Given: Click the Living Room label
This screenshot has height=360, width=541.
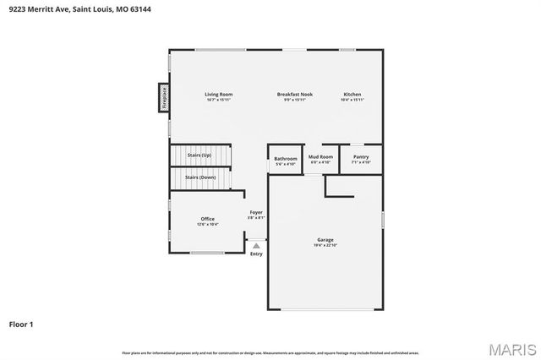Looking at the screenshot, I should point(218,94).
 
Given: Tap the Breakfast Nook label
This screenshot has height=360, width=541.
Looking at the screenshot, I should point(295,94).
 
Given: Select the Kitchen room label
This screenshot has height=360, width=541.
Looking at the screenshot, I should point(352,94).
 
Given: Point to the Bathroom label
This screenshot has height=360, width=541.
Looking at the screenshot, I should point(285,158).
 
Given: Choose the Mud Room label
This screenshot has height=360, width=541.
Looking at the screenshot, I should point(320,156).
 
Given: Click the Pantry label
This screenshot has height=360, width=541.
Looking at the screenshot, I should point(361,156).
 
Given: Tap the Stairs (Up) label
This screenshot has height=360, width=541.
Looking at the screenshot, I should point(199,155).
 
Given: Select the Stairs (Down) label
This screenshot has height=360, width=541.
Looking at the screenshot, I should point(200,177).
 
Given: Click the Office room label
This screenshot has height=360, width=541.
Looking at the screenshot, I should point(207,219).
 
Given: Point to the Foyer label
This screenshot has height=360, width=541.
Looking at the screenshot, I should point(255,212).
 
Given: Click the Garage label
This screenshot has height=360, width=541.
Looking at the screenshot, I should point(325,240).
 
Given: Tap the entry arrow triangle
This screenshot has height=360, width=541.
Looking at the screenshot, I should point(256,245).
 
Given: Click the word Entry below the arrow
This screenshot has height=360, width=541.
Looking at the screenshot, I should point(256,254).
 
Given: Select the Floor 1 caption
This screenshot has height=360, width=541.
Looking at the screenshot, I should point(21,324).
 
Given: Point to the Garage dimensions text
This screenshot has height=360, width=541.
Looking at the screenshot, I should point(325,245).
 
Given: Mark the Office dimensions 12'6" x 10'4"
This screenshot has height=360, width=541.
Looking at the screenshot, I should point(207,225).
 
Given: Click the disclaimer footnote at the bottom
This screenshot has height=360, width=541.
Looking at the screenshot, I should point(270,352).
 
